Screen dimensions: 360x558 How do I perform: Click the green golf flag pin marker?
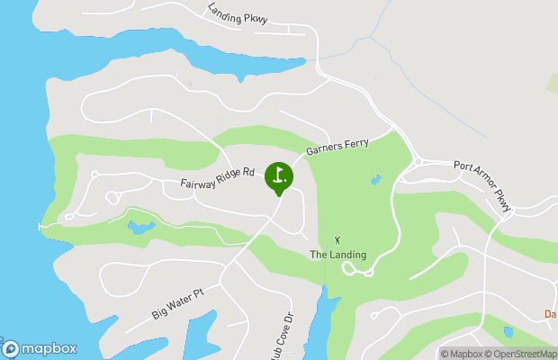[278, 175]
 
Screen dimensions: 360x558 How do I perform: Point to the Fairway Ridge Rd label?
[218, 177]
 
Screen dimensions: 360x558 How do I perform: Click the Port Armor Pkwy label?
[483, 185]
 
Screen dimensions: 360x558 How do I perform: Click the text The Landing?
[338, 255]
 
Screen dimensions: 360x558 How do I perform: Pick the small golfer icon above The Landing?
[337, 239]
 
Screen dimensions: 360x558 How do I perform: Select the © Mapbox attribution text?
[462, 354]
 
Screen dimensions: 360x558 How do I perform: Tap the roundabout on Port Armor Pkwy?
[418, 162]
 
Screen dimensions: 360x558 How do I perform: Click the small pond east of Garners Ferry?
[375, 180]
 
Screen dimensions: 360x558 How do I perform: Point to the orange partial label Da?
[551, 314]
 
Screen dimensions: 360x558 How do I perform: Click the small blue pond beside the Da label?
[508, 332]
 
